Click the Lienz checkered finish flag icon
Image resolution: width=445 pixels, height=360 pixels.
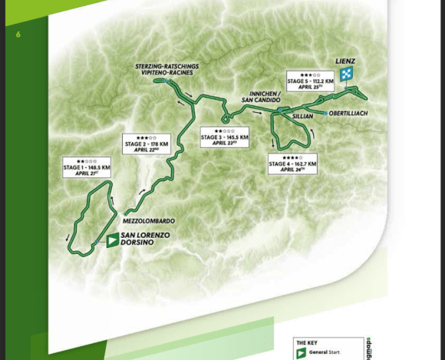coord(347,74)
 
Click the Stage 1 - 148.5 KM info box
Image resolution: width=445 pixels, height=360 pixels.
coord(87,168)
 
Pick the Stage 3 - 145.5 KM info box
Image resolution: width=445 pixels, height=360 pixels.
coord(222,136)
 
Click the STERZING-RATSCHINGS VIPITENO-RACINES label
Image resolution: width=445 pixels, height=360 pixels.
coord(166,69)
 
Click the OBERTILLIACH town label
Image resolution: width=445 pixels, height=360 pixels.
coord(349,114)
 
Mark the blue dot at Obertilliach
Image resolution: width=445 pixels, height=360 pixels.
coord(326,114)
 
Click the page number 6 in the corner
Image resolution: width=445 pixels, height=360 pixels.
coord(18,35)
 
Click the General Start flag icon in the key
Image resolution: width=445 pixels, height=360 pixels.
coord(301,353)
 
